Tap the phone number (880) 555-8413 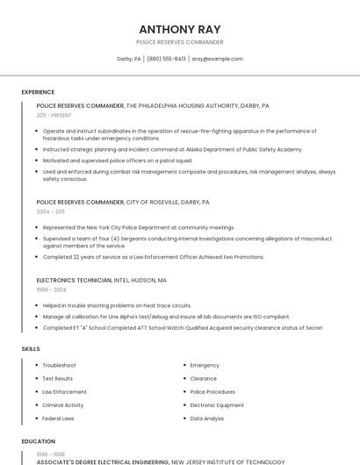[167, 59]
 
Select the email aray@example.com [217, 59]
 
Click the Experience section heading [38, 92]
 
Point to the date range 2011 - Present [54, 115]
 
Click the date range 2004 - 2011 [50, 211]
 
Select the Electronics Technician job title [74, 281]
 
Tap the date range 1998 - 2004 [51, 290]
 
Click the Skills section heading [31, 348]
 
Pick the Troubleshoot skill [59, 365]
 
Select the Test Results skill [58, 378]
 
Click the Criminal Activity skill [63, 404]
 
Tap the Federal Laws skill [58, 418]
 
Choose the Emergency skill [205, 365]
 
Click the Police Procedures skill [212, 391]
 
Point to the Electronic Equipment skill [217, 404]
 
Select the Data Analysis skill [207, 418]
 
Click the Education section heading [38, 441]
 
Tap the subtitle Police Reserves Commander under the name [180, 42]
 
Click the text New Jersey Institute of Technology [228, 461]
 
